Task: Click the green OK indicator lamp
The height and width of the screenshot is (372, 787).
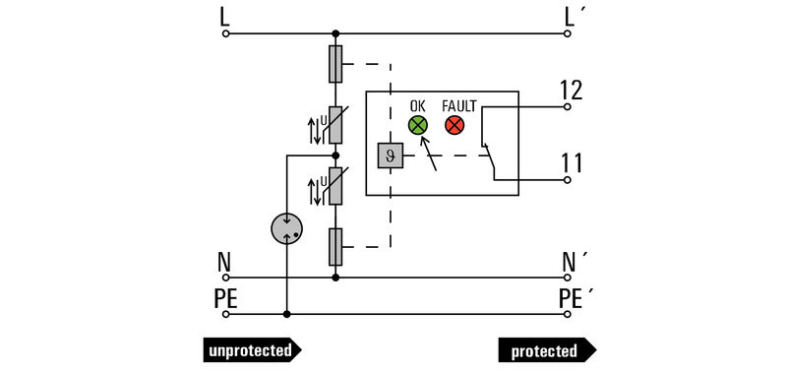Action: [x=418, y=125]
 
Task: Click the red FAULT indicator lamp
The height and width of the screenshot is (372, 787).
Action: [x=454, y=125]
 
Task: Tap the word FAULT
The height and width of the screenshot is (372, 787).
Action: [x=458, y=103]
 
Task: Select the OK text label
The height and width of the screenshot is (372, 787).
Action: [x=418, y=103]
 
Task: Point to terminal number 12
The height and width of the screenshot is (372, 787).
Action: [x=572, y=91]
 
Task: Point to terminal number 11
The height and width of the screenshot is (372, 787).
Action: [x=572, y=162]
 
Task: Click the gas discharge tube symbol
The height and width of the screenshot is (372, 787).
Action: [x=286, y=229]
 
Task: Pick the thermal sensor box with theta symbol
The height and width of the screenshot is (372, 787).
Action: [x=388, y=155]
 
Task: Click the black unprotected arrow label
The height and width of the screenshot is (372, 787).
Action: [x=252, y=350]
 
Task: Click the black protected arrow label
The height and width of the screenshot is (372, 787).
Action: [x=547, y=350]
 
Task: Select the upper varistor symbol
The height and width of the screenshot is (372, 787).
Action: [x=335, y=125]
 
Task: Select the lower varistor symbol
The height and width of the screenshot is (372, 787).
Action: [x=335, y=186]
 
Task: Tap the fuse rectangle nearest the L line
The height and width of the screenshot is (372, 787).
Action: [x=335, y=64]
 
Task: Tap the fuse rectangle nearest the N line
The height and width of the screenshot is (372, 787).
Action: [x=335, y=246]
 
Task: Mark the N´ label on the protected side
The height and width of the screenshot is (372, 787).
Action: [x=574, y=262]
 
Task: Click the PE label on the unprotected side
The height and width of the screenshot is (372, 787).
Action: [x=226, y=297]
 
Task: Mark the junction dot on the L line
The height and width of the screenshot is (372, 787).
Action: [x=335, y=33]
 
